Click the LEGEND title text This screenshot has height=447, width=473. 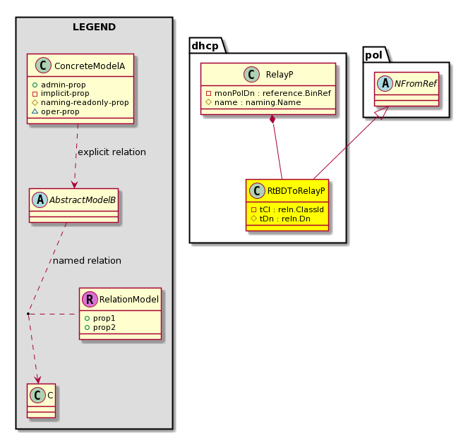click(94, 27)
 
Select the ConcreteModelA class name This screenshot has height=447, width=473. click(90, 66)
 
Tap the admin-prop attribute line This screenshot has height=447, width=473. click(59, 85)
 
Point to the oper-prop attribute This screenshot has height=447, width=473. click(56, 111)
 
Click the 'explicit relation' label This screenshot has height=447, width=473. click(112, 152)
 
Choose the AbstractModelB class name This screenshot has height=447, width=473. click(83, 200)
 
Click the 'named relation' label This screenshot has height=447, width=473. click(87, 261)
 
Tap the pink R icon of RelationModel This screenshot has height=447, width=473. click(90, 299)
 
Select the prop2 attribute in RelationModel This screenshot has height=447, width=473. click(100, 327)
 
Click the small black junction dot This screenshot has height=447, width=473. click(28, 314)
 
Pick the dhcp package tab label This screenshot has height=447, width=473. click(205, 46)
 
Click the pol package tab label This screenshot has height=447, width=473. click(373, 55)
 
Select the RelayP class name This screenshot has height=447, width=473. click(280, 75)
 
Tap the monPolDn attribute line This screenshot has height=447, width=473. click(268, 93)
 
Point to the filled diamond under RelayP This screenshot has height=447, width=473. click(273, 119)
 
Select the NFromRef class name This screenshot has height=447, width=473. click(416, 84)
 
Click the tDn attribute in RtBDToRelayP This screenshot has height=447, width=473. click(281, 219)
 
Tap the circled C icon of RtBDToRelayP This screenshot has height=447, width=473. click(257, 190)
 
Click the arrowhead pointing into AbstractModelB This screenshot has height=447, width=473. click(74, 184)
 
